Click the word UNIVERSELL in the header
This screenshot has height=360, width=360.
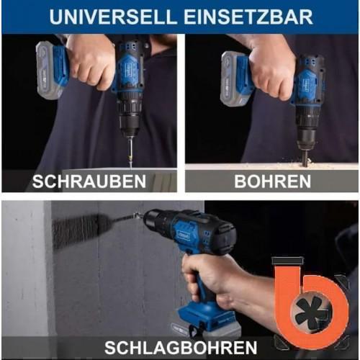(x=113, y=17)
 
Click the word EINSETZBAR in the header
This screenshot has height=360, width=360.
(x=248, y=17)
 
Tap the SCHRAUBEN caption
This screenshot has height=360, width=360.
(x=89, y=181)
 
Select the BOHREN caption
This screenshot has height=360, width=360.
(x=272, y=181)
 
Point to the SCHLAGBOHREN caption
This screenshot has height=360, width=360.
(x=181, y=347)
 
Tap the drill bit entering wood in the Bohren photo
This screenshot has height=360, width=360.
(x=306, y=156)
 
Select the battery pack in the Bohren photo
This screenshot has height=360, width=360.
(x=236, y=79)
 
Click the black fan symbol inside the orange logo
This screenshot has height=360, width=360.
(x=312, y=312)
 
